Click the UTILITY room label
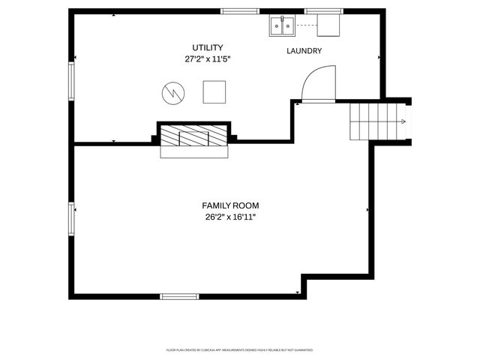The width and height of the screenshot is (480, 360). pyautogui.click(x=207, y=47)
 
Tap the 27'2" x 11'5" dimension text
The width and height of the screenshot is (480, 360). pyautogui.click(x=207, y=58)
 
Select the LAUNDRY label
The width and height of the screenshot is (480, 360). pyautogui.click(x=304, y=51)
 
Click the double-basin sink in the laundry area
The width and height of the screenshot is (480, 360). pyautogui.click(x=283, y=26)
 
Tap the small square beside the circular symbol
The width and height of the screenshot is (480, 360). pyautogui.click(x=214, y=91)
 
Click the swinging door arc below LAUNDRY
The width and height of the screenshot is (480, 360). pyautogui.click(x=316, y=82)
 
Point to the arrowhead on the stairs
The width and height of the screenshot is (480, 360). pyautogui.click(x=403, y=121)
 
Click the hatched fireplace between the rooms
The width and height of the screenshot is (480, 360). pyautogui.click(x=194, y=136)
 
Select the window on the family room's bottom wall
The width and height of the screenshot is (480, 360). pyautogui.click(x=180, y=296)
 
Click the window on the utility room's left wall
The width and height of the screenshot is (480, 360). pyautogui.click(x=72, y=81)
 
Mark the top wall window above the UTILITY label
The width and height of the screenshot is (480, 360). pyautogui.click(x=235, y=12)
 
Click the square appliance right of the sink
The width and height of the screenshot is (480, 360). pyautogui.click(x=328, y=26)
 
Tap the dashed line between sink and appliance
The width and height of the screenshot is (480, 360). pyautogui.click(x=307, y=25)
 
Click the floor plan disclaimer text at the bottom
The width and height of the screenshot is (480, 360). pyautogui.click(x=240, y=349)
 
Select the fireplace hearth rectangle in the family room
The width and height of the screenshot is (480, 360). pyautogui.click(x=194, y=152)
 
